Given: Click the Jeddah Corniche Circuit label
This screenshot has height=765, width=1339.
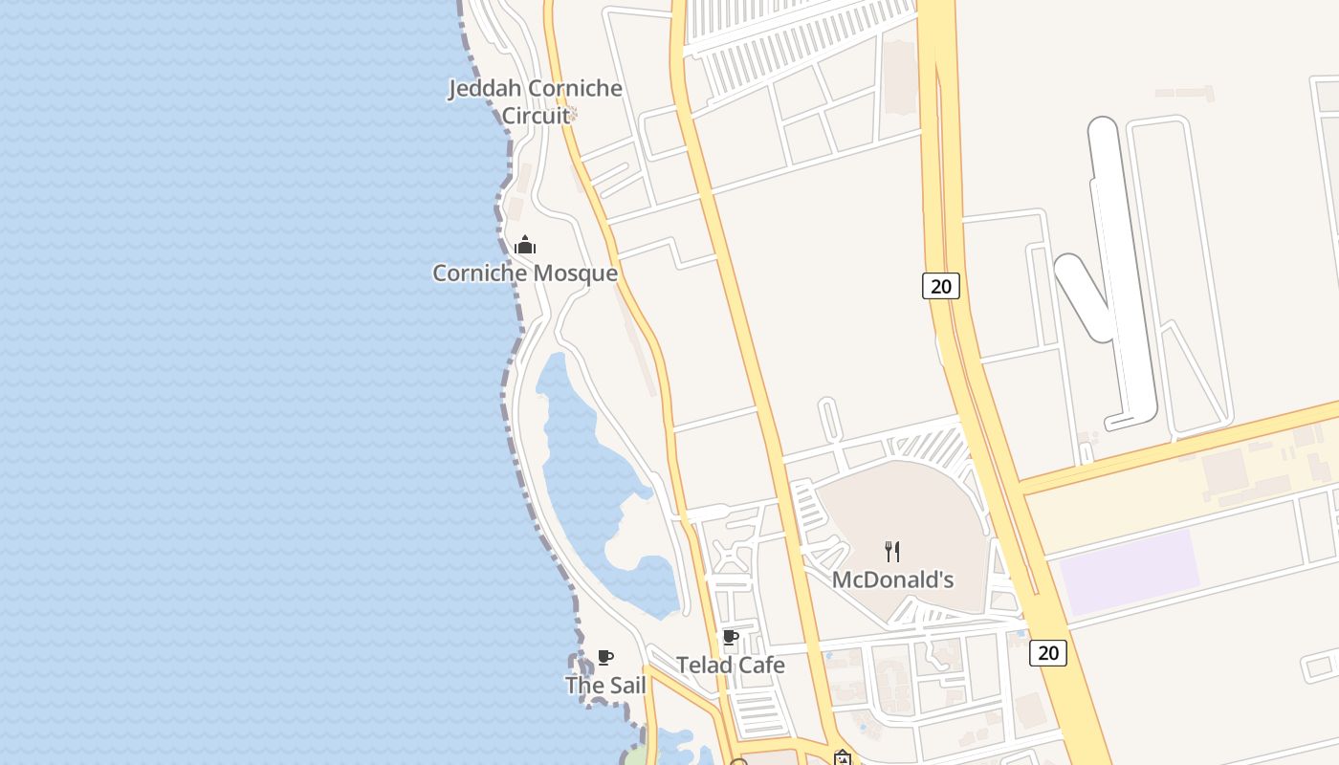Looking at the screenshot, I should (536, 101).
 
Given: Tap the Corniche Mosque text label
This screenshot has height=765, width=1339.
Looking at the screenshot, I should (525, 273).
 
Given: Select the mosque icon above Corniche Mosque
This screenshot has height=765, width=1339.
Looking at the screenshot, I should (525, 246).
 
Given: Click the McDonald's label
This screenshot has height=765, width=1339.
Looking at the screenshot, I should (892, 579).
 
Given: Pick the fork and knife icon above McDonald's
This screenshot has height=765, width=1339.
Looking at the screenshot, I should (892, 551).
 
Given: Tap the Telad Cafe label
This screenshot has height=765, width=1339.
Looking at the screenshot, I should (731, 665).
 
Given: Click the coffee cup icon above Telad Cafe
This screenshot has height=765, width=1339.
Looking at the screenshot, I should (731, 638).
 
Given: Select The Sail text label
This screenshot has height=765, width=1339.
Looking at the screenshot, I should (605, 686).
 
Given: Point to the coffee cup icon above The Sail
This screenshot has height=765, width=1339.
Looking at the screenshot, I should (605, 657).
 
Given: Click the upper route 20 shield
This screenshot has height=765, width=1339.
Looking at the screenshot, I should (941, 285).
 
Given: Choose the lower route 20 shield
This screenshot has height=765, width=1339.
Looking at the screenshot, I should (1048, 652).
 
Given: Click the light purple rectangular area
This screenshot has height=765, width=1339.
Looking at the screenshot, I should (1129, 572).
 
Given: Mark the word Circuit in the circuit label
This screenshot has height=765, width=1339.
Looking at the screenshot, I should (536, 116).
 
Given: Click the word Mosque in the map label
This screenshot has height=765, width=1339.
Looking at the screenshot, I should (575, 273).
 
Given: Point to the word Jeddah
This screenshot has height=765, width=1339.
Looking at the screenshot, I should (486, 89).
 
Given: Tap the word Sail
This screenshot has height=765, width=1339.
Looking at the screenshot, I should (624, 686).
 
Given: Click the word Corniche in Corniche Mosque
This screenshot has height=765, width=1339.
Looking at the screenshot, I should (479, 273).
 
